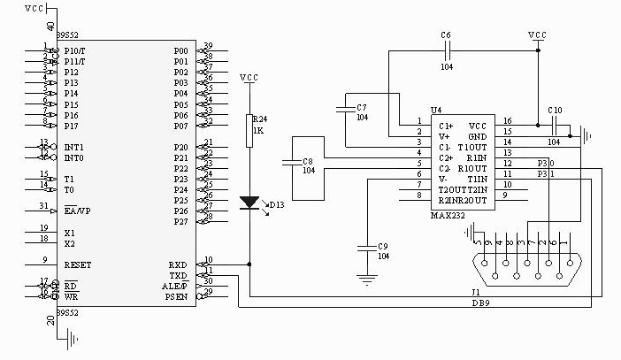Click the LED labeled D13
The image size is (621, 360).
coord(249,203)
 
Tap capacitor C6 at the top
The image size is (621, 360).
coord(445,51)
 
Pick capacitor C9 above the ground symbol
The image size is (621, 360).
coord(364,247)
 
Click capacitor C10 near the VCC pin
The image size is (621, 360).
coord(554,126)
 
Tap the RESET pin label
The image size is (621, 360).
coord(78,264)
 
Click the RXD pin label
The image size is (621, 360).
coord(178,264)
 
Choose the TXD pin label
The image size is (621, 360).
coord(178,275)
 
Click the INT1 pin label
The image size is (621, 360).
coord(74,147)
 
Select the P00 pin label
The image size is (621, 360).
coord(180,50)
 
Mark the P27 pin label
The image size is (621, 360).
coord(180,222)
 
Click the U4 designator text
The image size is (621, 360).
coord(436,110)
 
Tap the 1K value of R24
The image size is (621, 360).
coord(258,130)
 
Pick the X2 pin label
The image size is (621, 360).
coord(70,243)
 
